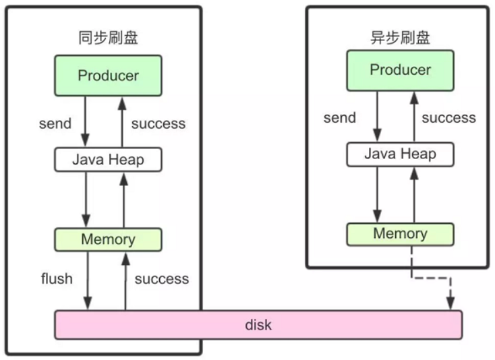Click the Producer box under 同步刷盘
pyautogui.click(x=108, y=76)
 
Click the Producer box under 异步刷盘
pyautogui.click(x=400, y=70)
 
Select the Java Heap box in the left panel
pyautogui.click(x=108, y=160)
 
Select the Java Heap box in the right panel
pyautogui.click(x=400, y=154)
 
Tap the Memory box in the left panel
pyautogui.click(x=108, y=239)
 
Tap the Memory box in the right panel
pyautogui.click(x=400, y=234)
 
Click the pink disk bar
pyautogui.click(x=258, y=325)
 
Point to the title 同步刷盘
pyautogui.click(x=108, y=38)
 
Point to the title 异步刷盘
pyautogui.click(x=401, y=38)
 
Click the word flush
pyautogui.click(x=57, y=278)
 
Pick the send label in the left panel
pyautogui.click(x=55, y=123)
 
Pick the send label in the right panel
pyautogui.click(x=340, y=118)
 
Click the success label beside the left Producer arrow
pyautogui.click(x=158, y=123)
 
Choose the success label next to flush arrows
pyautogui.click(x=162, y=278)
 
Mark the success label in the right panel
pyautogui.click(x=449, y=118)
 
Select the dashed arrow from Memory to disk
pyautogui.click(x=432, y=276)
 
